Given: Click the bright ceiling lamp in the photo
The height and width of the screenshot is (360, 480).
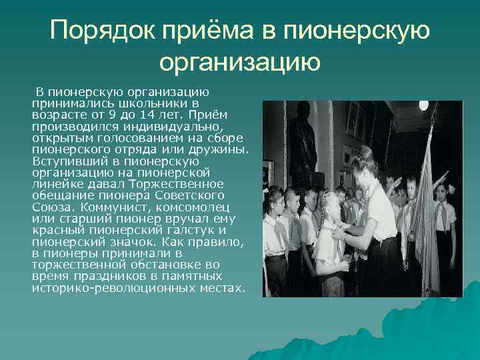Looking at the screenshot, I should [423, 105].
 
